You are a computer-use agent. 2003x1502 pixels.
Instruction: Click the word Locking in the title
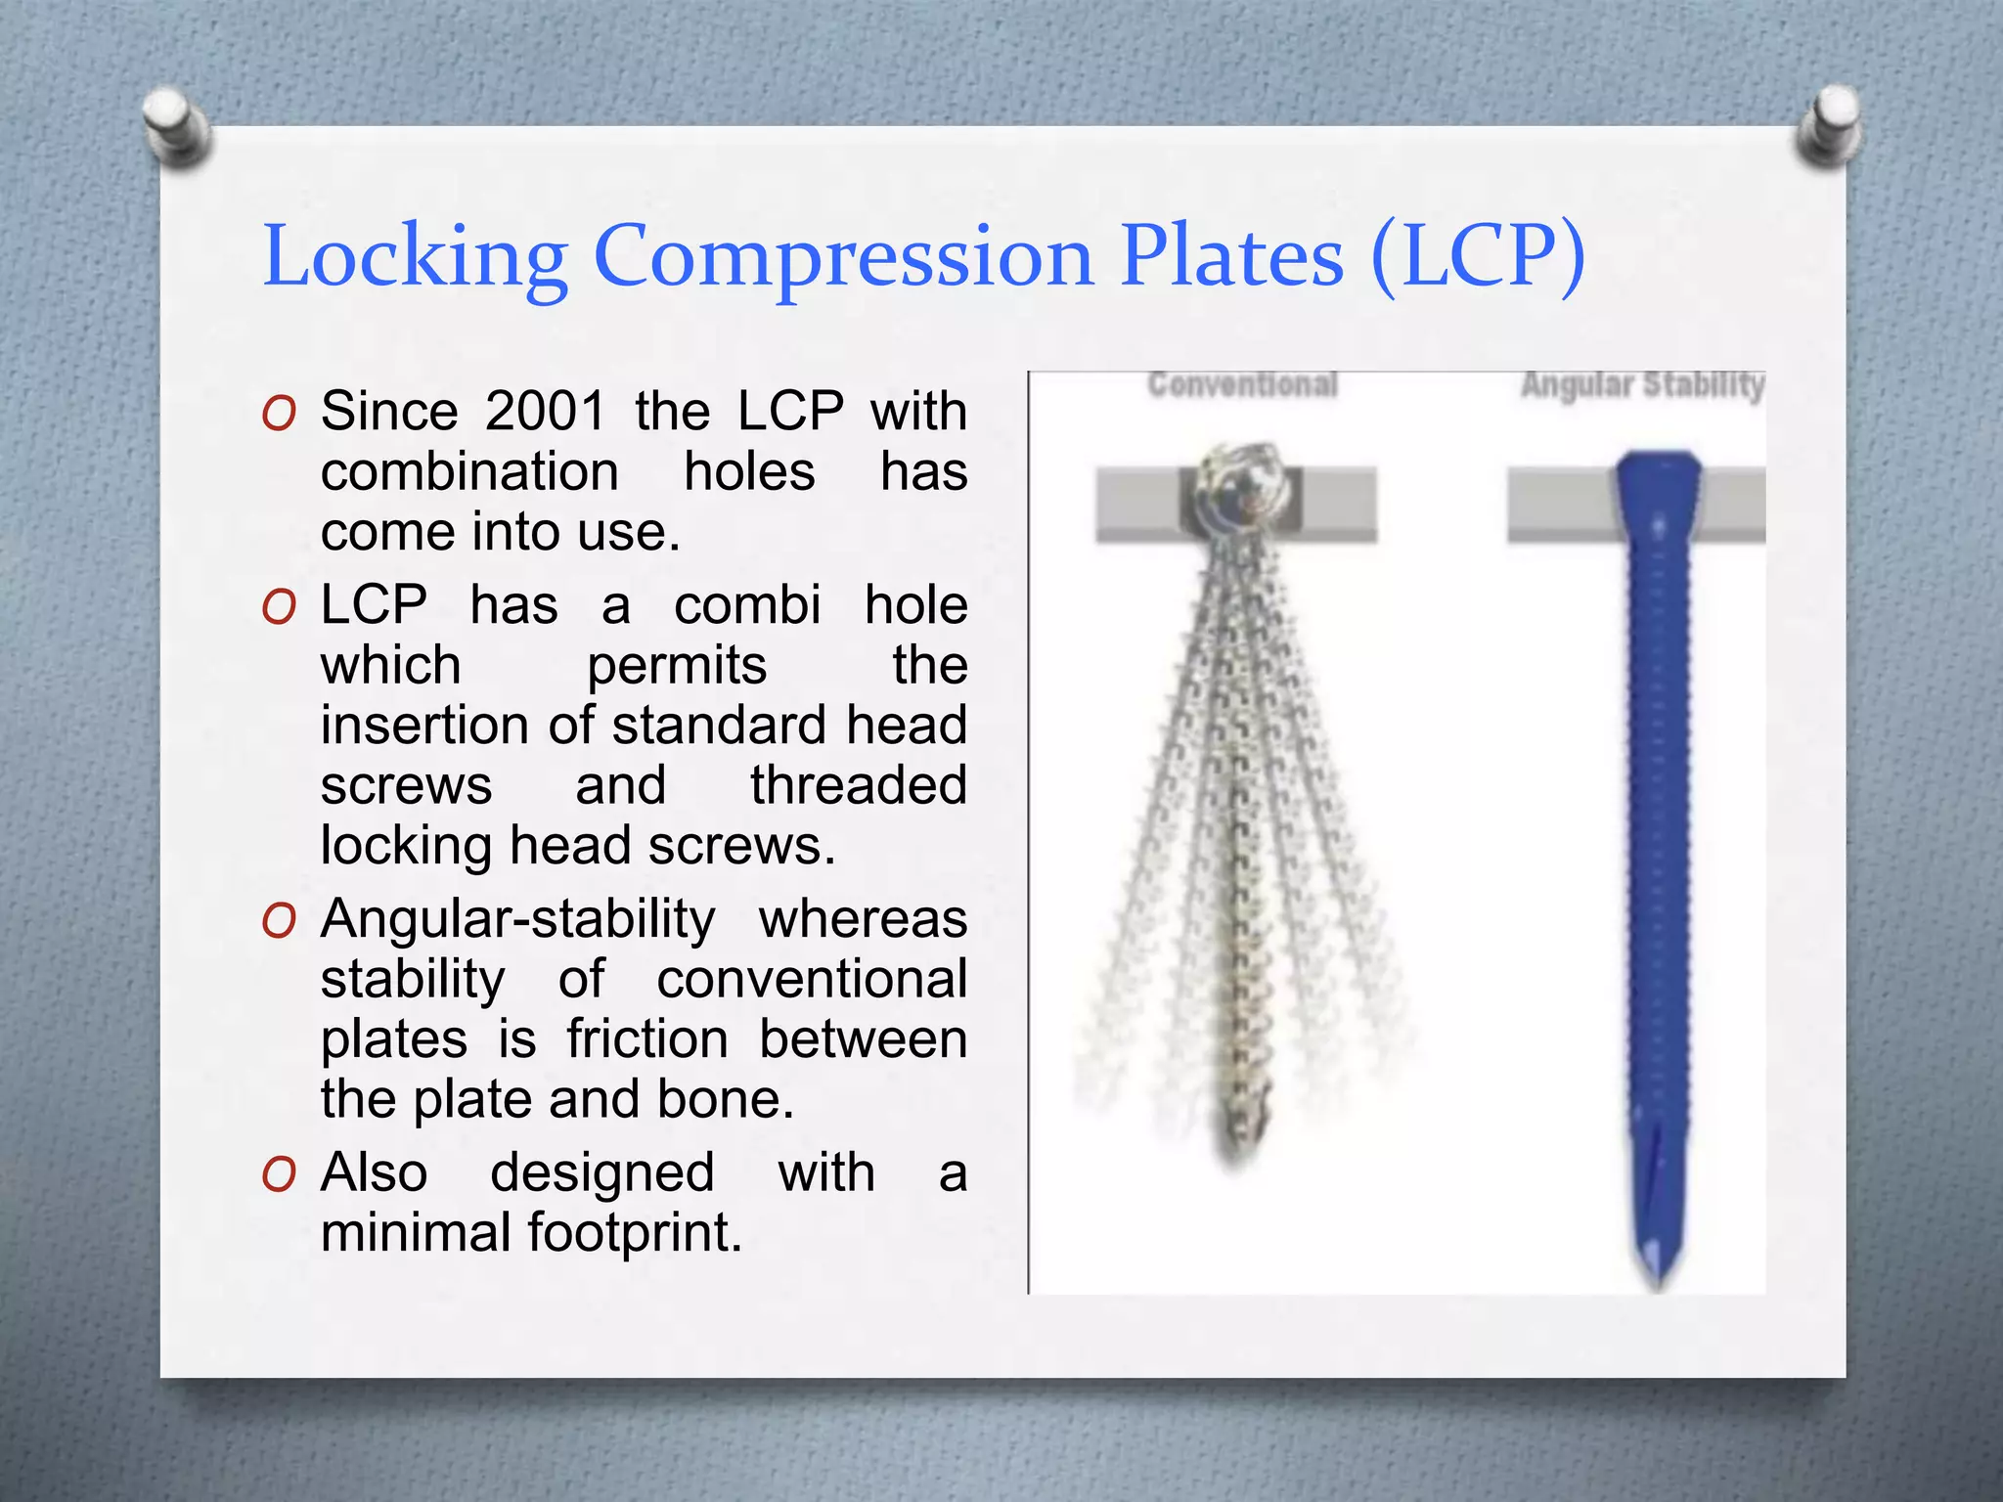tap(416, 256)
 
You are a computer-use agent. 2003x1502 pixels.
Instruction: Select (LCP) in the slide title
tap(1477, 256)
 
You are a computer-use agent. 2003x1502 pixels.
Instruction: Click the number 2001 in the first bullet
tap(545, 411)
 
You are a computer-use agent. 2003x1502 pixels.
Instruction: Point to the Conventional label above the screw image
tap(1242, 384)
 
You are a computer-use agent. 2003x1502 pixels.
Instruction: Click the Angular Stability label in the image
tap(1642, 384)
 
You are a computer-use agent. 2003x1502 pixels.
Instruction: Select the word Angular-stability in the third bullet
tap(518, 919)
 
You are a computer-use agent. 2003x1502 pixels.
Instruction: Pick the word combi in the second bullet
tap(747, 604)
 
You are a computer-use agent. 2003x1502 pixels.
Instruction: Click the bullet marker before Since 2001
tap(279, 414)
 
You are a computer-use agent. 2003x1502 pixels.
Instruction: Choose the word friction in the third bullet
tap(647, 1038)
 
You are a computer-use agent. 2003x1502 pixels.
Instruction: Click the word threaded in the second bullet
tap(858, 785)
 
